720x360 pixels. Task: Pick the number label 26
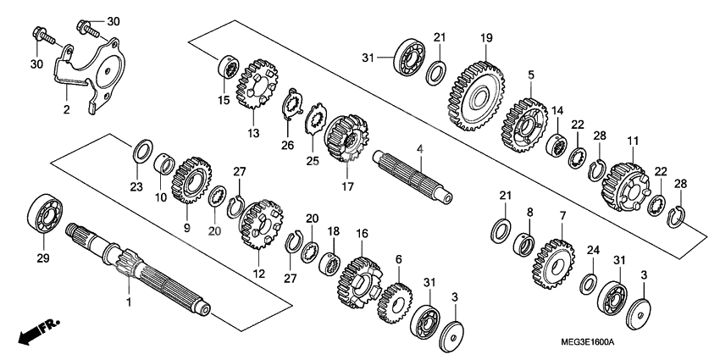click(x=286, y=145)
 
